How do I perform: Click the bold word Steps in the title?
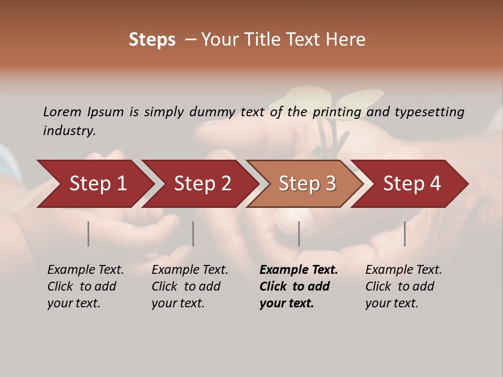(x=152, y=40)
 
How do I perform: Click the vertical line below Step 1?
(x=89, y=234)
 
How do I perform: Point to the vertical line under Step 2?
(x=193, y=234)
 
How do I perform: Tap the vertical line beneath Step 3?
(x=299, y=234)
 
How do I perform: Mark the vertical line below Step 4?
(x=404, y=234)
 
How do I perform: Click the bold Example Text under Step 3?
(x=299, y=270)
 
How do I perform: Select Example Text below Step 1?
(x=85, y=270)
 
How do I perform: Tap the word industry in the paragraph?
(x=69, y=131)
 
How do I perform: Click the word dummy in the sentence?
(x=213, y=112)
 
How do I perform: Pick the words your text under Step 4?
(x=391, y=304)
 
